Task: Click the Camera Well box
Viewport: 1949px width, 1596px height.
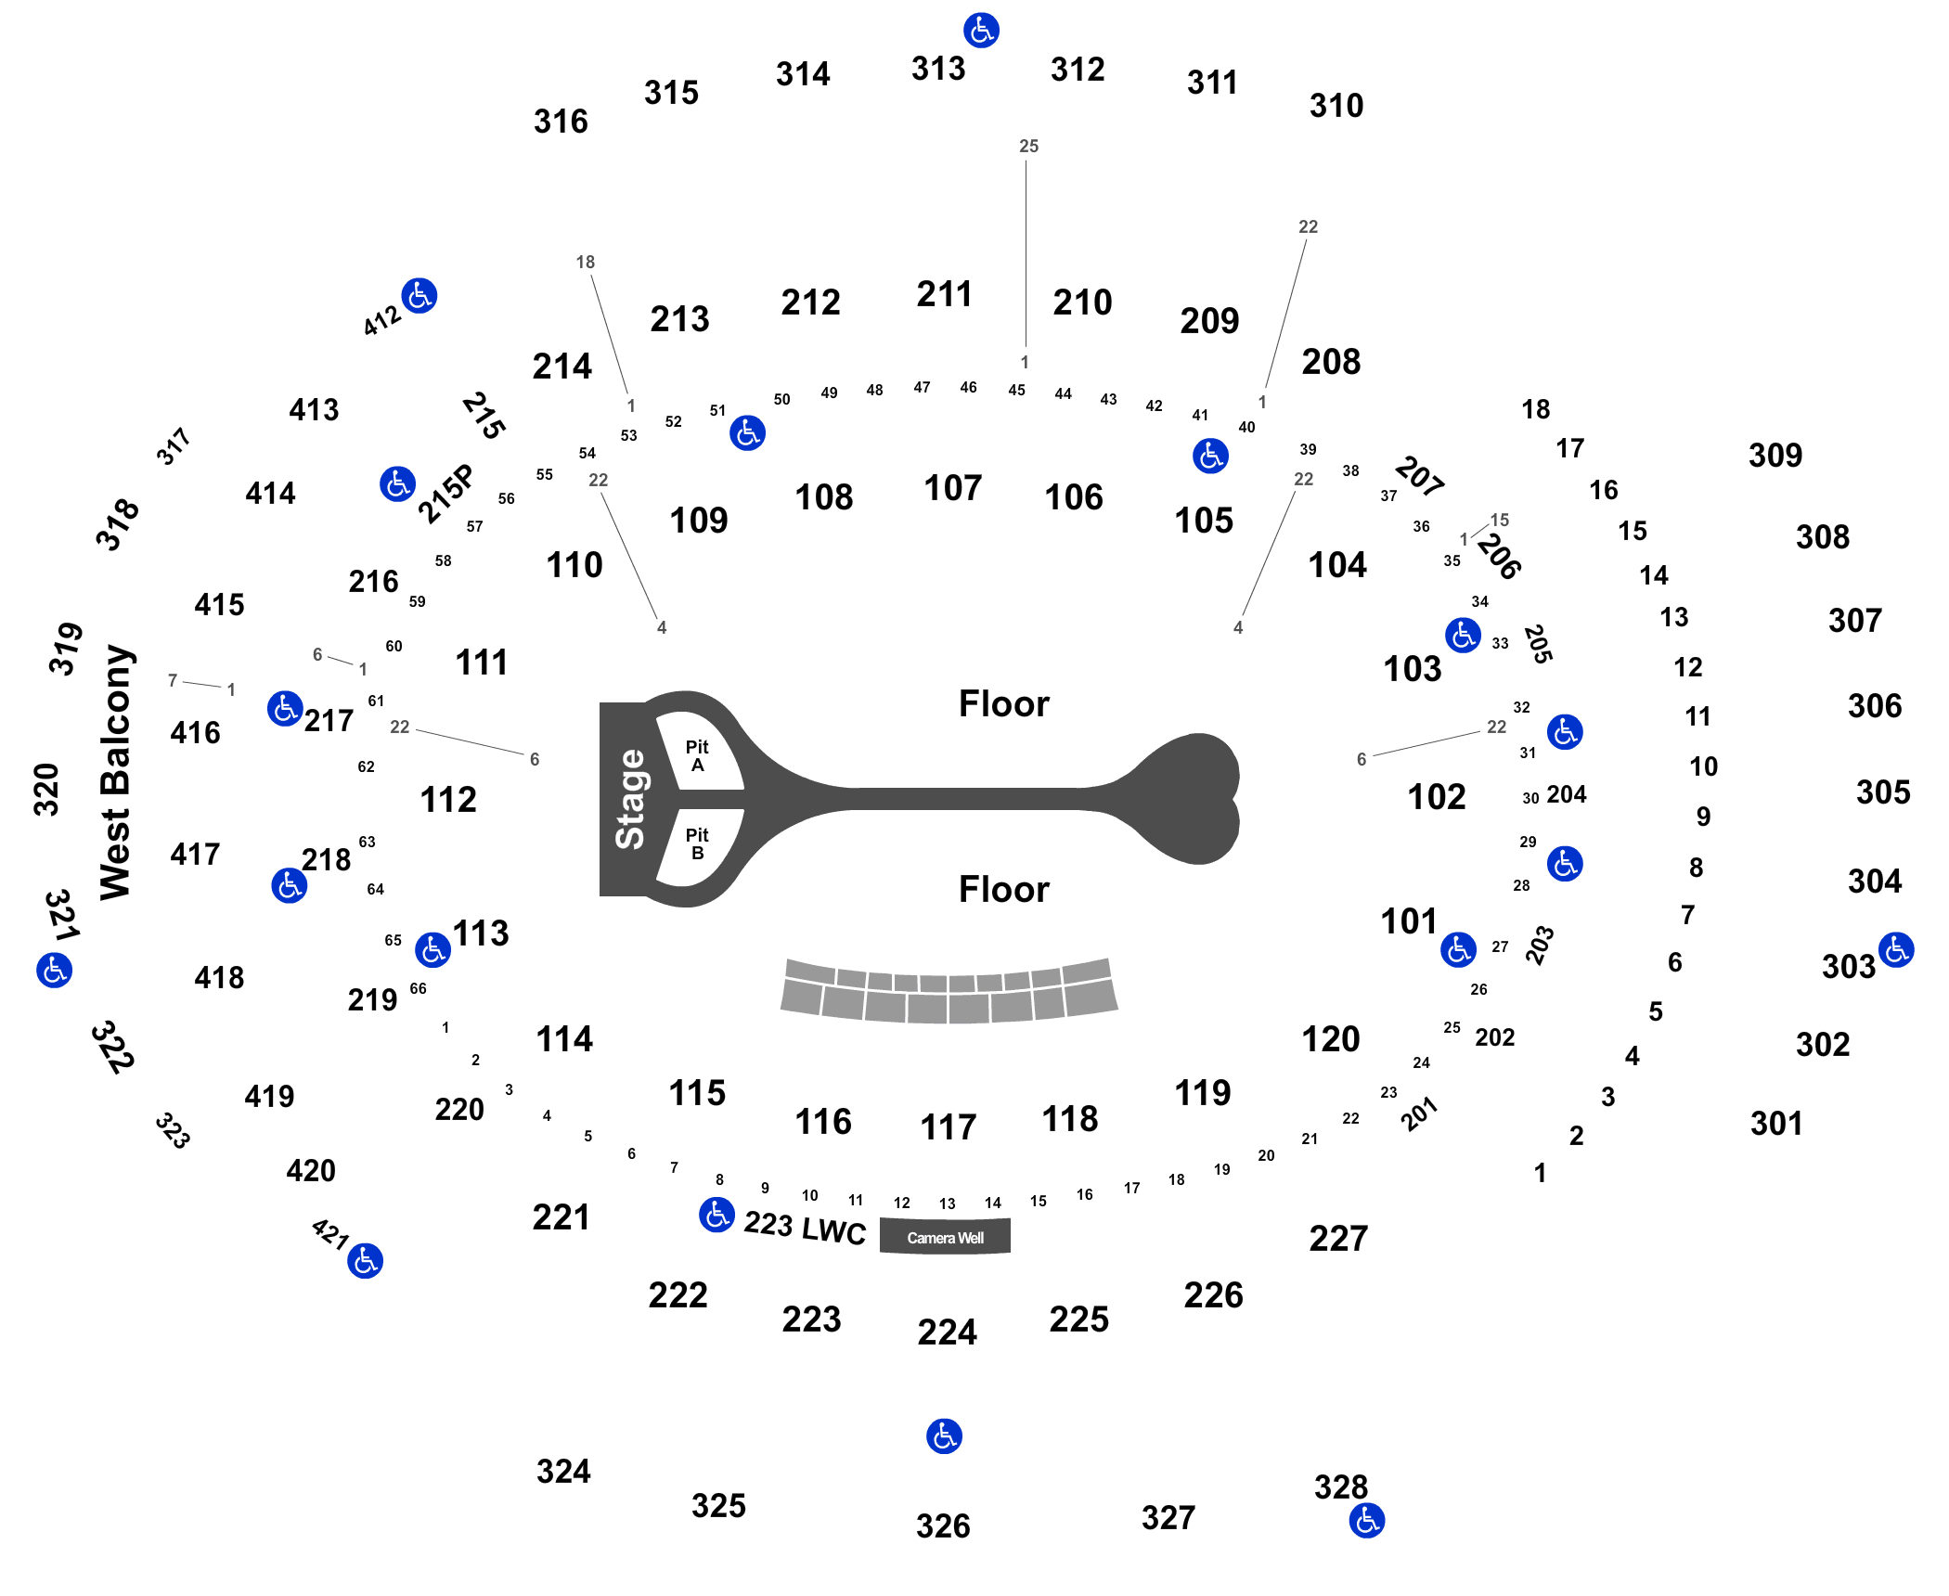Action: click(945, 1237)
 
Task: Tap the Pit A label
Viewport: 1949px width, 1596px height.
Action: click(697, 756)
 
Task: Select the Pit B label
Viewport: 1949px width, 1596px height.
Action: click(697, 844)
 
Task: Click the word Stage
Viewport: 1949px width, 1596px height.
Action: click(630, 799)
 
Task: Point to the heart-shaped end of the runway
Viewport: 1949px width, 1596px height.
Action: click(1193, 799)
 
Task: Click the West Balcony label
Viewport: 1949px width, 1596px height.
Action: click(116, 772)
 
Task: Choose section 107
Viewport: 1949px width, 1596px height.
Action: click(953, 488)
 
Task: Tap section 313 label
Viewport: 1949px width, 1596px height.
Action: click(938, 69)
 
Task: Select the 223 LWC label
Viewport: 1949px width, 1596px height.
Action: click(805, 1228)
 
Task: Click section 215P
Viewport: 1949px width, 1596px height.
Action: click(445, 494)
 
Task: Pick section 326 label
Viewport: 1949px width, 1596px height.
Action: click(943, 1526)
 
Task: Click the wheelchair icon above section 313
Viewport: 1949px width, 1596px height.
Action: click(981, 31)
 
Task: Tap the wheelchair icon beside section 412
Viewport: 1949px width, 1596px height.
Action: click(419, 296)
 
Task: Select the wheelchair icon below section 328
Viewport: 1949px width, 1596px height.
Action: click(1367, 1521)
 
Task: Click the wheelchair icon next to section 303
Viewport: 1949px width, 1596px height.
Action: click(1896, 950)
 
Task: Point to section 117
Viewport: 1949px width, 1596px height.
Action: click(948, 1127)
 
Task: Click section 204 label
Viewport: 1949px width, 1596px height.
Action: click(1567, 794)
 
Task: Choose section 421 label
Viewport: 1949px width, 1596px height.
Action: click(329, 1234)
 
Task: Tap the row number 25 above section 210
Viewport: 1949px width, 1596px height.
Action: click(1028, 146)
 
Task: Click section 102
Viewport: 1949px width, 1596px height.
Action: click(1437, 797)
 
